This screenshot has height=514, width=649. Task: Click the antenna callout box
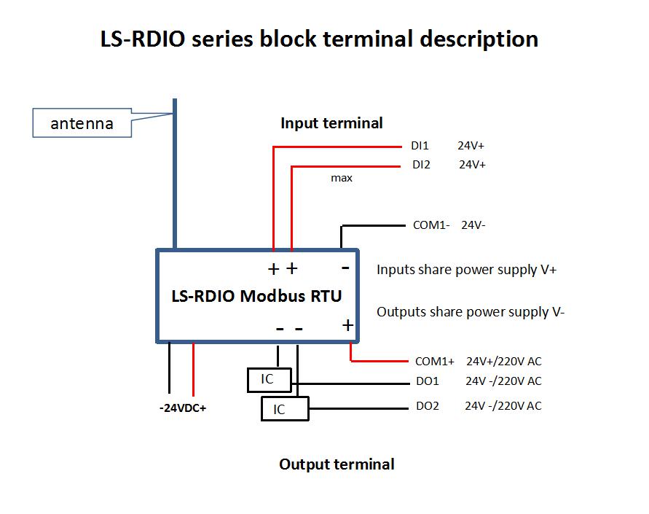82,123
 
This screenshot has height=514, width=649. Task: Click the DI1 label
420,146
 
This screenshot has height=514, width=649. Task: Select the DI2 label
421,165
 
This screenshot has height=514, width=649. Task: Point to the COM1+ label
434,361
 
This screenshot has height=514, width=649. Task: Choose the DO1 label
427,381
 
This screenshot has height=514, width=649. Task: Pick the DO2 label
428,406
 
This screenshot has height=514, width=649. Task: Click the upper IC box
269,380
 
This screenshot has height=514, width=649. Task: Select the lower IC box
284,409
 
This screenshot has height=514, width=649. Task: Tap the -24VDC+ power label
183,408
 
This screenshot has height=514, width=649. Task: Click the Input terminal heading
331,123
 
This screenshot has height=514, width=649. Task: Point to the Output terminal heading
337,464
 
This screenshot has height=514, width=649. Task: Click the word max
342,178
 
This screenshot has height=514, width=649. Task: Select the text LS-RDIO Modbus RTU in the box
256,297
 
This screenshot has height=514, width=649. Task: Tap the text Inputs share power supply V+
466,270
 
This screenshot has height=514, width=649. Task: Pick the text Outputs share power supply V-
471,312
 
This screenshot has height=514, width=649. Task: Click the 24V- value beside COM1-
473,225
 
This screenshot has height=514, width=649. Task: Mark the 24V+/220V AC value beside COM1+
504,361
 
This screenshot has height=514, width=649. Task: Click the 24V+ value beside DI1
471,146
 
